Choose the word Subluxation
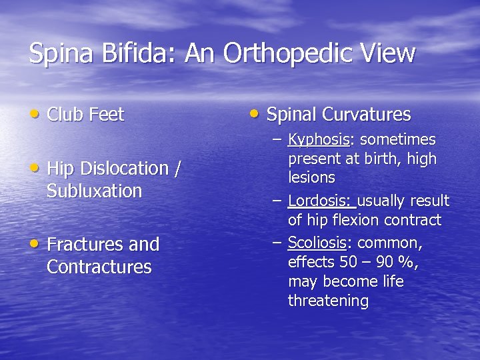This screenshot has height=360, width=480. tap(94, 191)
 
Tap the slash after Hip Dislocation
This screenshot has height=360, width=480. tap(177, 169)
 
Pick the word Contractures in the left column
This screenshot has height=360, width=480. tap(99, 267)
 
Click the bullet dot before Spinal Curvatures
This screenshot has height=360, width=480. tap(255, 114)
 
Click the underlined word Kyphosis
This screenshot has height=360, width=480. tap(319, 140)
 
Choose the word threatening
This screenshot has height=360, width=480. tap(328, 301)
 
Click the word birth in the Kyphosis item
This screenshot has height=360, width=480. tap(378, 159)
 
